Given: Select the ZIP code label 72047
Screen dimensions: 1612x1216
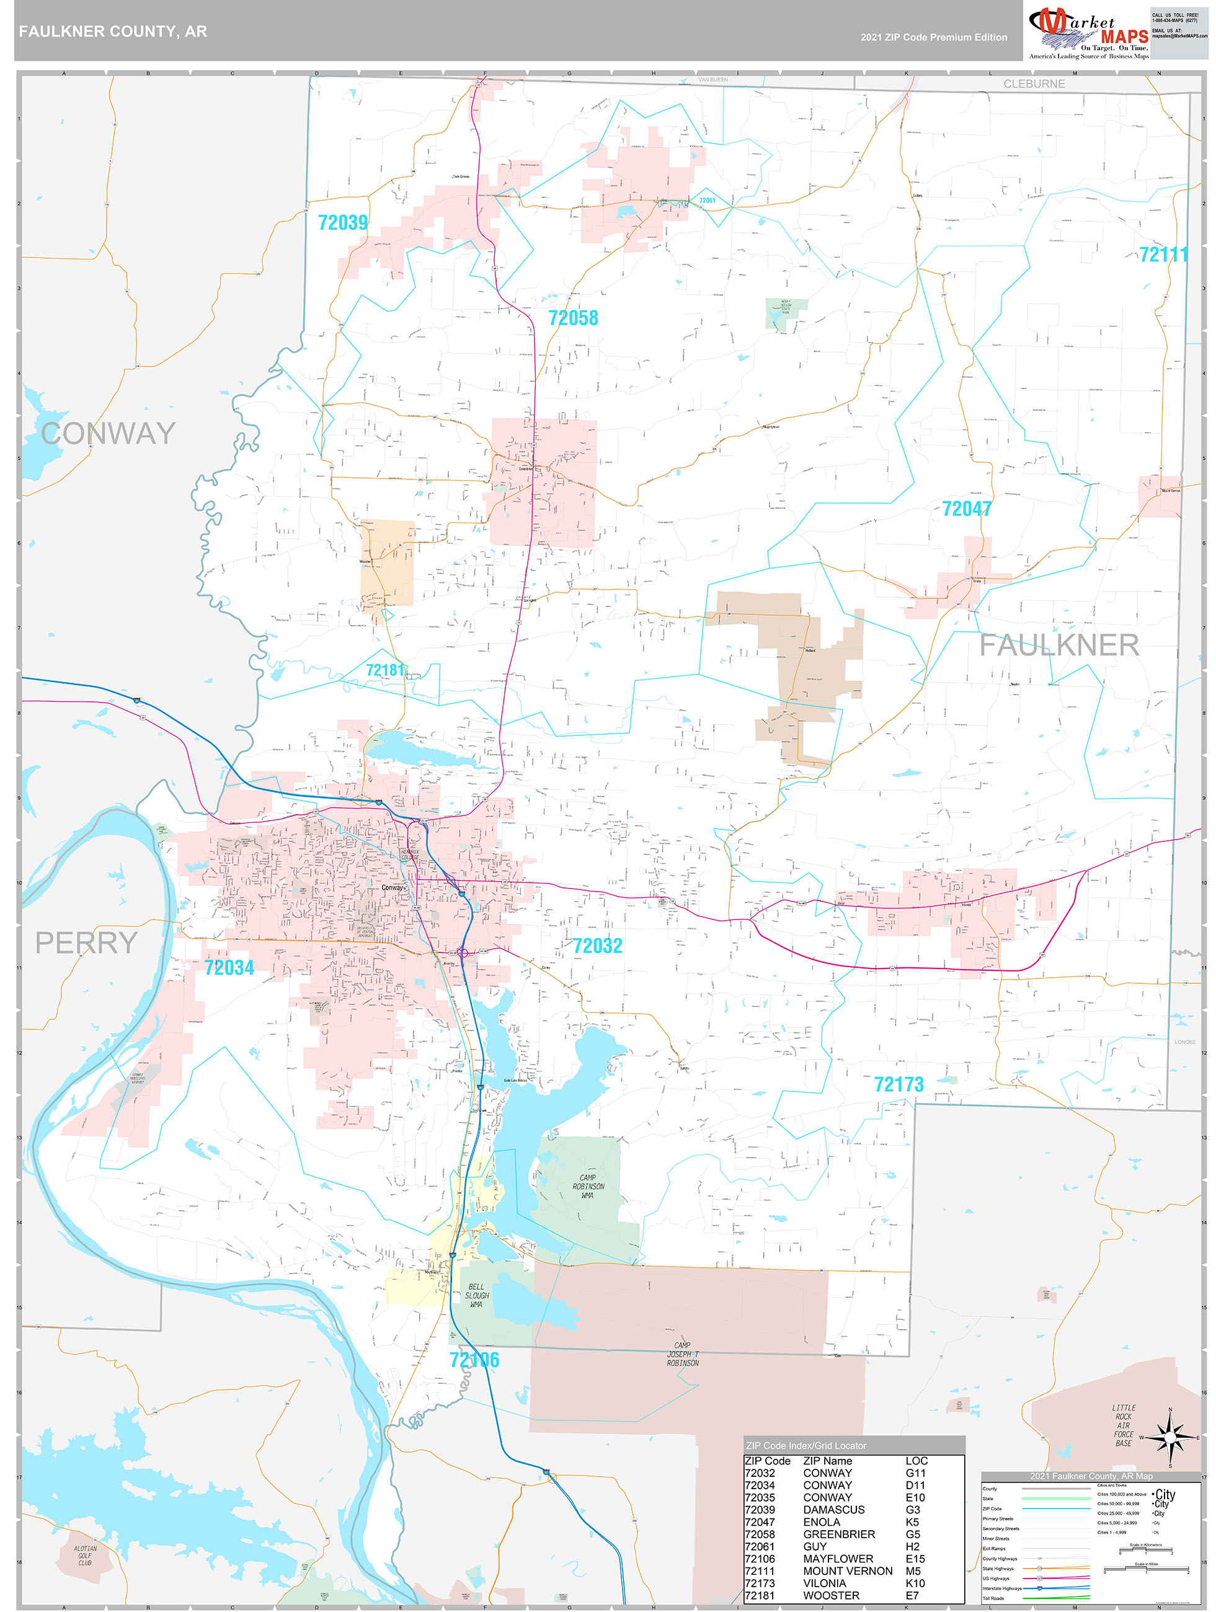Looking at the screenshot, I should [x=966, y=508].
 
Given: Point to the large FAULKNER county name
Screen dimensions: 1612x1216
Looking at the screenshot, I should [x=1058, y=645].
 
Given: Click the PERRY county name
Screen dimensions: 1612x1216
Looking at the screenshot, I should [x=86, y=943].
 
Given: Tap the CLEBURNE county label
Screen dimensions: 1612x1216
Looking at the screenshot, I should [x=1034, y=84].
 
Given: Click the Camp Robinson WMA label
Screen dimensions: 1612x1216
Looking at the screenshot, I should [x=588, y=1187].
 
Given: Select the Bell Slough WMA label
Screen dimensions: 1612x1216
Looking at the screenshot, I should [x=476, y=1296].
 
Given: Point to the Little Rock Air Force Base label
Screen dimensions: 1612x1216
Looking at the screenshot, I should [x=1124, y=1425].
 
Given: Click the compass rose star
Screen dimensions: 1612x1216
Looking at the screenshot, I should [x=1169, y=1438].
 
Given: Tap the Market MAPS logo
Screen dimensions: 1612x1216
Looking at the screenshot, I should [x=1088, y=33].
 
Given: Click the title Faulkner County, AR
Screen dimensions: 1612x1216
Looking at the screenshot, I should [x=113, y=32].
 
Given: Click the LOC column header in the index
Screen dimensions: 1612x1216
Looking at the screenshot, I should [x=916, y=1461].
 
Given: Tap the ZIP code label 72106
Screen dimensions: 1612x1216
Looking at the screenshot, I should [x=474, y=1360].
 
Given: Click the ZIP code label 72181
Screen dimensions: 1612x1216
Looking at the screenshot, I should [x=384, y=670].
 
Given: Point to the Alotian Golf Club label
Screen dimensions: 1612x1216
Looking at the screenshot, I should [x=84, y=1555].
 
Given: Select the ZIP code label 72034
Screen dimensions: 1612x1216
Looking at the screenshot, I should [x=229, y=968].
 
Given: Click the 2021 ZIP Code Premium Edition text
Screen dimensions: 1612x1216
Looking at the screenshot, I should [x=933, y=37].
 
